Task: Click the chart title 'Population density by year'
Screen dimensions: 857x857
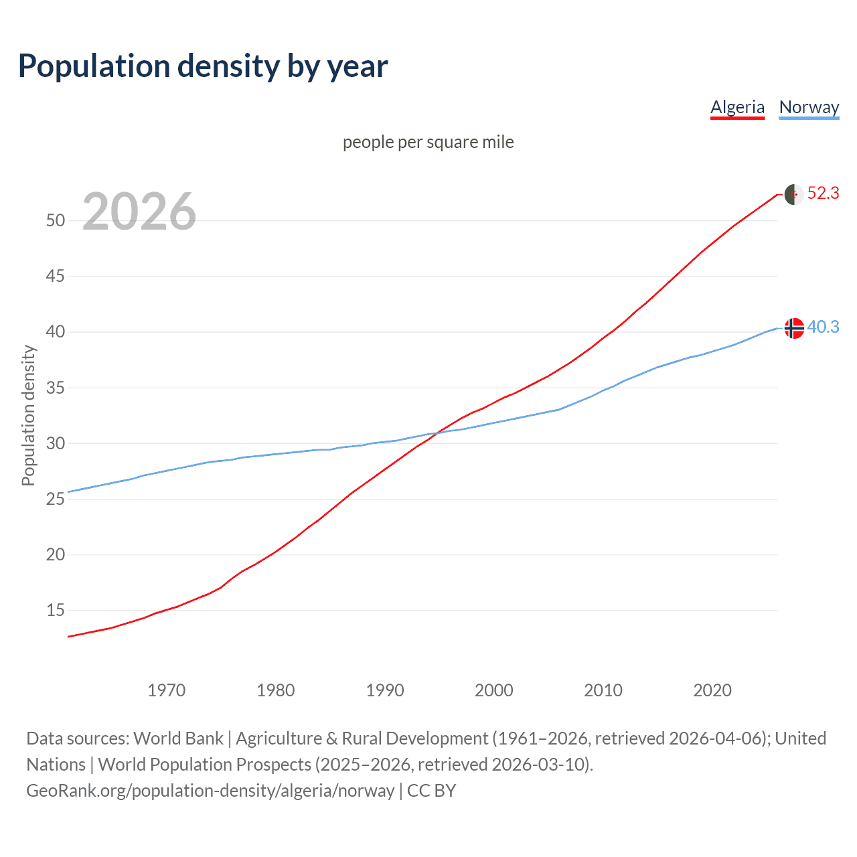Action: [203, 66]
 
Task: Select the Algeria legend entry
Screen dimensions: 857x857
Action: [737, 107]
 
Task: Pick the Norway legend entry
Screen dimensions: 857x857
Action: [809, 107]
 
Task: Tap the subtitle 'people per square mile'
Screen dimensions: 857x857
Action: [428, 142]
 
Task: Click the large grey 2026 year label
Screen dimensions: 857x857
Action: [139, 212]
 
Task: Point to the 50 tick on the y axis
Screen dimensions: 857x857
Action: [56, 220]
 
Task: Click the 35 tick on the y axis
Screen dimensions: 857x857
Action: [56, 388]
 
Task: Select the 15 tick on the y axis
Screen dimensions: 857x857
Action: [56, 611]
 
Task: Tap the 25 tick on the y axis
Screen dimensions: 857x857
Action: [56, 499]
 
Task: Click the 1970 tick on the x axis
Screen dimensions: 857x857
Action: [167, 690]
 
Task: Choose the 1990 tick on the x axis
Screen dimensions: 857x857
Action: [385, 690]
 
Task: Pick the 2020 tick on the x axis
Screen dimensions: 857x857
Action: [712, 690]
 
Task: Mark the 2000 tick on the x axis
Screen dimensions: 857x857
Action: [494, 690]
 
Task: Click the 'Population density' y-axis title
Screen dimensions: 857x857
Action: [28, 415]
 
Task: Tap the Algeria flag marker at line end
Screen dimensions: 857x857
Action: [793, 194]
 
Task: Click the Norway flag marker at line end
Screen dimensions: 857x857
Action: [793, 328]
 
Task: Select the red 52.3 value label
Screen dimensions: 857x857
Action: [823, 193]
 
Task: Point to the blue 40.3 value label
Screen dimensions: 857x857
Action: [823, 327]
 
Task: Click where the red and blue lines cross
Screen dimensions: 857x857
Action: [437, 433]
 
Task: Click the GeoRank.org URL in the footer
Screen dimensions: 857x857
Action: [210, 791]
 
